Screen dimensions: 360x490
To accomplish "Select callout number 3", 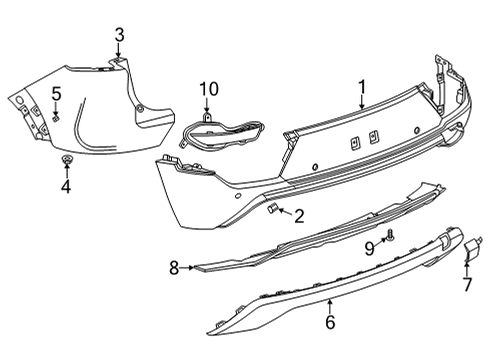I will coord(119,37).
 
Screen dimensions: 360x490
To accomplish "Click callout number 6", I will coord(329,322).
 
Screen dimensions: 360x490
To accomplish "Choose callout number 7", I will coord(466,285).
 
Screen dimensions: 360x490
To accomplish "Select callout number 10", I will coord(207,93).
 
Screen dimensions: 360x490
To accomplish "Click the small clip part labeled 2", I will coord(270,207).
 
